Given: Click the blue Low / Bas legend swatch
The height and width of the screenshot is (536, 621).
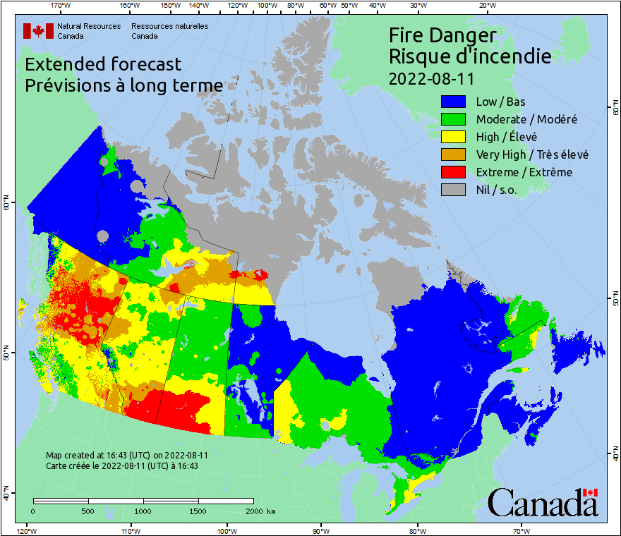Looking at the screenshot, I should (454, 102).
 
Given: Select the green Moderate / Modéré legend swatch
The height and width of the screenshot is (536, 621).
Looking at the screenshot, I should (454, 119).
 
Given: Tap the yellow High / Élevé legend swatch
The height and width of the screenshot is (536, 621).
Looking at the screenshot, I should (454, 137).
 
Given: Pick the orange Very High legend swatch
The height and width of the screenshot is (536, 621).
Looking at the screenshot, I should (454, 154).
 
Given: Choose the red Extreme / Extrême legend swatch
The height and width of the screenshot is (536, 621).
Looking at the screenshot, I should (454, 172).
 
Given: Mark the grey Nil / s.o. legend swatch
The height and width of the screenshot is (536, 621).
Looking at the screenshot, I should (454, 190).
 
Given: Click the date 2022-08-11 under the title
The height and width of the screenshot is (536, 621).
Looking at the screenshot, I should (431, 77).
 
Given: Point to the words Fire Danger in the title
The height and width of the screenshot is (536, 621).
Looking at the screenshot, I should (442, 35).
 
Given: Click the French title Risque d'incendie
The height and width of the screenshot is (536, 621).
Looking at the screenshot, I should (470, 56).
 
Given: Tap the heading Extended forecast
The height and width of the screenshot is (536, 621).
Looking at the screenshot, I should (103, 64).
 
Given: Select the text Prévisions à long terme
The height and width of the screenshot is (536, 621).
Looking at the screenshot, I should (123, 85).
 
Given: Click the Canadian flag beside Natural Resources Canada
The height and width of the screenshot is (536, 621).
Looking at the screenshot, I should (38, 31).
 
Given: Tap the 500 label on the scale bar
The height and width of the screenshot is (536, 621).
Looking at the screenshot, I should (88, 511).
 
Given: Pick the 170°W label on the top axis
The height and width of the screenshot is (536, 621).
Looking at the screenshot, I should (61, 6).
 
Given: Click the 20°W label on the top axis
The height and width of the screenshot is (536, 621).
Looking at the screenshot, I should (486, 6).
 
